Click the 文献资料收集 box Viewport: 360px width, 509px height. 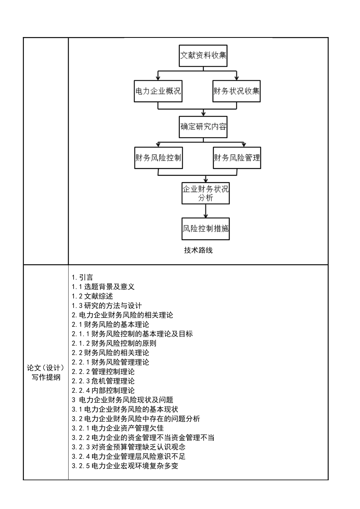203,56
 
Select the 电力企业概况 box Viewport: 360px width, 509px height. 158,91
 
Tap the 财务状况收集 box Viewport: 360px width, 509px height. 236,91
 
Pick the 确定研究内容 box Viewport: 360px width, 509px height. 203,127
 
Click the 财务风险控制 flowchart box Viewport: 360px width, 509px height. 158,158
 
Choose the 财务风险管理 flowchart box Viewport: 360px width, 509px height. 237,158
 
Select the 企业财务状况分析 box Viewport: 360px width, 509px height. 205,193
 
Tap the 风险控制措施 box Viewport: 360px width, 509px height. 205,229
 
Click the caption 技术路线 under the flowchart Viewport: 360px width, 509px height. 198,250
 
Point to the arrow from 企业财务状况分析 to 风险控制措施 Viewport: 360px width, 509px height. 205,211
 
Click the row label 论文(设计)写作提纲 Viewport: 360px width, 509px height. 46,372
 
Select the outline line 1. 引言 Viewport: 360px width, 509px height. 82,278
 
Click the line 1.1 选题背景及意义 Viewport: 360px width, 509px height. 103,287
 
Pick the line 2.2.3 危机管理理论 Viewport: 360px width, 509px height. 103,381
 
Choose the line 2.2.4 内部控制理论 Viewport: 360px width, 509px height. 103,391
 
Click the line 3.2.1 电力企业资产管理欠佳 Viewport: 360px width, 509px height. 118,428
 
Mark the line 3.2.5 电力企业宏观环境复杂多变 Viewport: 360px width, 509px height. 125,466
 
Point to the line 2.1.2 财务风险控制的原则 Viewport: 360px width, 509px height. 114,343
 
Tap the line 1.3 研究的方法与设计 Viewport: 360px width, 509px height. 107,306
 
